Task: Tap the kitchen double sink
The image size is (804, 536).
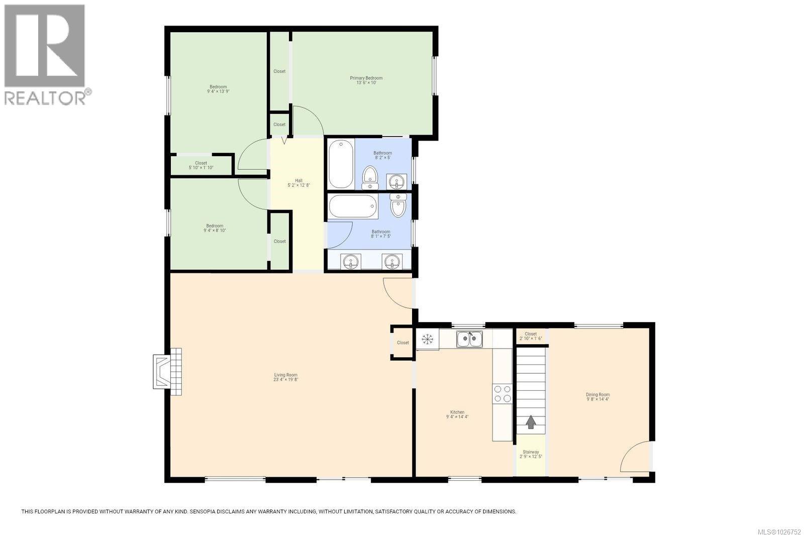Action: point(469,339)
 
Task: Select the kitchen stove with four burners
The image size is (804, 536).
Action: point(502,393)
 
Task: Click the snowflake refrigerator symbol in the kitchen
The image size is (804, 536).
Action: point(428,340)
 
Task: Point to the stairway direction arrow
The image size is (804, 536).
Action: point(531,422)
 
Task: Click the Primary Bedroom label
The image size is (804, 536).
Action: point(366,78)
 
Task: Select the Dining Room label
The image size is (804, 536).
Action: point(597,394)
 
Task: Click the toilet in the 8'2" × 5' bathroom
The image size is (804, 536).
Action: point(370,177)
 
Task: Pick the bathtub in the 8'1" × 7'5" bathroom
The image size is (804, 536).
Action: point(353,207)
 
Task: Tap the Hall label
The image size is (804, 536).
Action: point(298,180)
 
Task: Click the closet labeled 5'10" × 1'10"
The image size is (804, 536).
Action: point(201,165)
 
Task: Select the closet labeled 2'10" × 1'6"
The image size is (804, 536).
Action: point(531,336)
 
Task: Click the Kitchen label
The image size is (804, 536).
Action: point(457,412)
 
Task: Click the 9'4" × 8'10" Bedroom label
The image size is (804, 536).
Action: point(215,228)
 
